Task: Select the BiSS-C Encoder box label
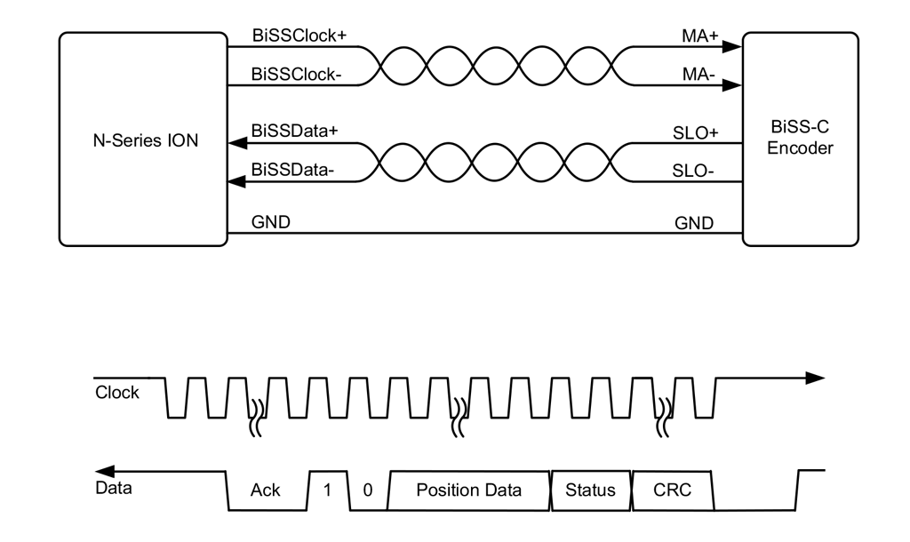(x=800, y=139)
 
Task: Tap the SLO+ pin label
(x=696, y=132)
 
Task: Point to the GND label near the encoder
(x=694, y=222)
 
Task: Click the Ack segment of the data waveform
(x=266, y=490)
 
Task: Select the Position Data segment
(x=468, y=490)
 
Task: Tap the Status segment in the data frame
(x=590, y=490)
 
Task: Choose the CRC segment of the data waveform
(x=672, y=490)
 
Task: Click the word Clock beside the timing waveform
(x=117, y=392)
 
